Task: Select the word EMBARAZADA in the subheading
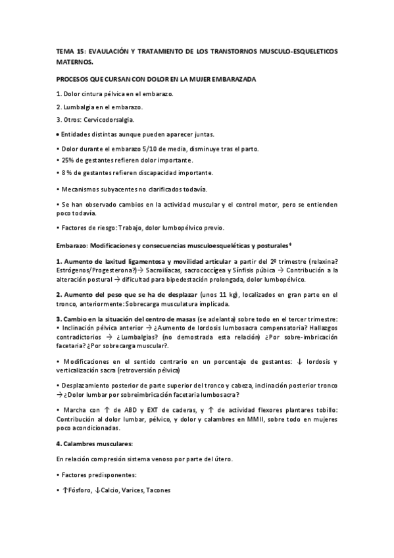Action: point(234,79)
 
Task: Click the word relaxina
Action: point(322,261)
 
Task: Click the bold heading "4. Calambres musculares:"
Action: point(95,444)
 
